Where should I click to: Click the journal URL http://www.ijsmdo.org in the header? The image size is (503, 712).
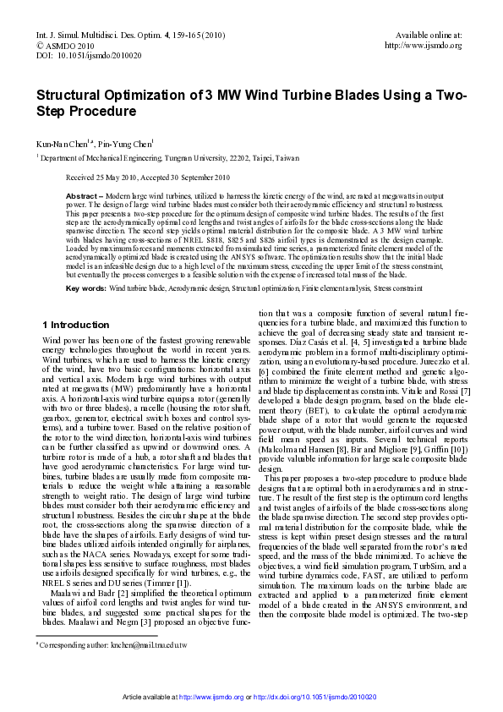click(423, 46)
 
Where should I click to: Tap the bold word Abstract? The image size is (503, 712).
click(82, 195)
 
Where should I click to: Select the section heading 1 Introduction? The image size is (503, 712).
click(75, 325)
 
